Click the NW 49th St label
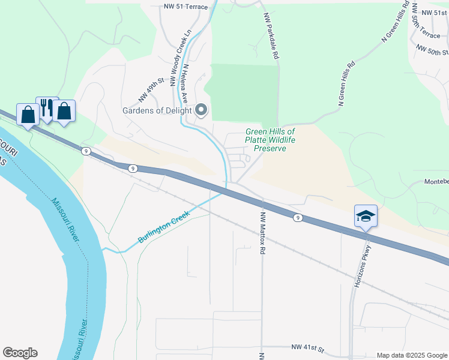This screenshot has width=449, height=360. pyautogui.click(x=151, y=89)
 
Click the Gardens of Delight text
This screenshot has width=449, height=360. pyautogui.click(x=157, y=110)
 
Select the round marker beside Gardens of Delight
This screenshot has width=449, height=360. pyautogui.click(x=201, y=110)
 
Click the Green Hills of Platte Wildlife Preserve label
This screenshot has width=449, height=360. pyautogui.click(x=270, y=140)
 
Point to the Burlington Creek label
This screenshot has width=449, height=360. pyautogui.click(x=163, y=227)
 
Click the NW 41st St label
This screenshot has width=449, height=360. pyautogui.click(x=307, y=347)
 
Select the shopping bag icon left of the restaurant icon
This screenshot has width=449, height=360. pyautogui.click(x=28, y=113)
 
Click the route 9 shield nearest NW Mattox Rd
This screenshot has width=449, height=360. pyautogui.click(x=297, y=218)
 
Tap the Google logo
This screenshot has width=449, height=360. pyautogui.click(x=20, y=353)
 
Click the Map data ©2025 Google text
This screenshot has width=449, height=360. pyautogui.click(x=411, y=355)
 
